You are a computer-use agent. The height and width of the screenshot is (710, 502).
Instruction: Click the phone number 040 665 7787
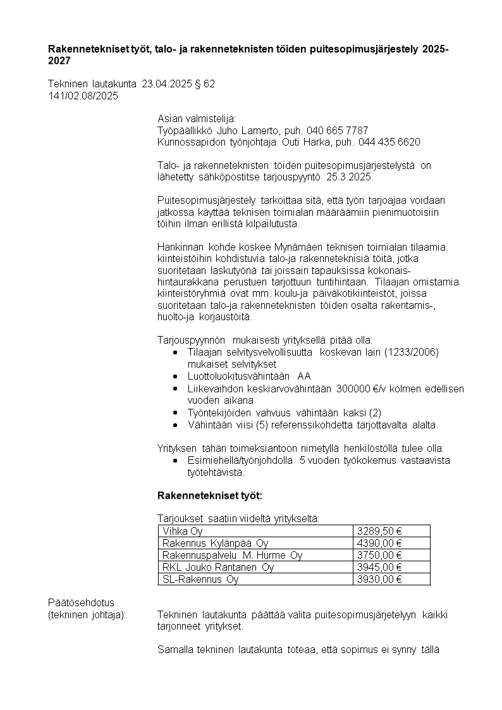(337, 130)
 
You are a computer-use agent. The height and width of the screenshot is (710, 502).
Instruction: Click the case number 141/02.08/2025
(83, 96)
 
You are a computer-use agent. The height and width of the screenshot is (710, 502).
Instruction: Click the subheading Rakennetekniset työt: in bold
(209, 495)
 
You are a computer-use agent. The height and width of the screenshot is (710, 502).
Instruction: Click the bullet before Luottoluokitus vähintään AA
(175, 377)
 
